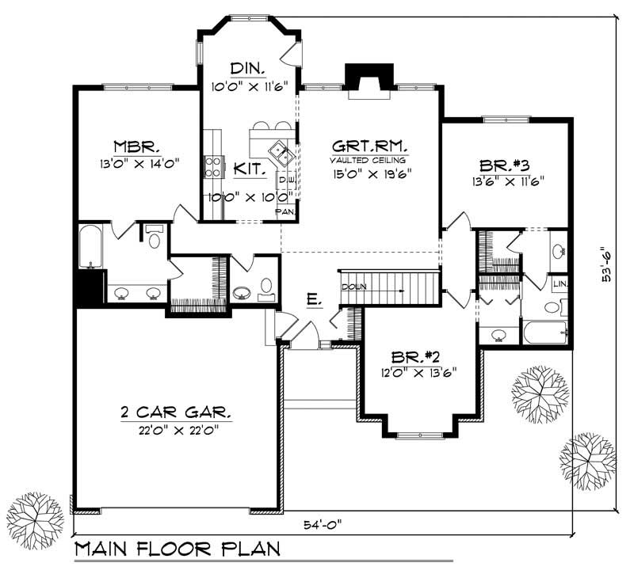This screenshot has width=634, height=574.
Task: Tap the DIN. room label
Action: pyautogui.click(x=247, y=67)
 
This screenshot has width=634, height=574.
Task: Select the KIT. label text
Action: pyautogui.click(x=250, y=169)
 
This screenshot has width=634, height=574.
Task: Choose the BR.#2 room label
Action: pyautogui.click(x=419, y=356)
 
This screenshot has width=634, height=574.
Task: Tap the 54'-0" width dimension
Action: pyautogui.click(x=323, y=526)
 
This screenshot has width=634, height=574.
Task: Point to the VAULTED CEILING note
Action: pyautogui.click(x=369, y=160)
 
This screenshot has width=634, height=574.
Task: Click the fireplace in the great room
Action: pyautogui.click(x=369, y=82)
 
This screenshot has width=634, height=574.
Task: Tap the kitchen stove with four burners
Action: pyautogui.click(x=213, y=165)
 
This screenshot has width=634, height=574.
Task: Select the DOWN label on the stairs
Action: pyautogui.click(x=352, y=287)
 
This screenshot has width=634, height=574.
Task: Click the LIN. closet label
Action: pyautogui.click(x=560, y=283)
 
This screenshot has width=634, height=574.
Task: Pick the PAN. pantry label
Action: pyautogui.click(x=285, y=212)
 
